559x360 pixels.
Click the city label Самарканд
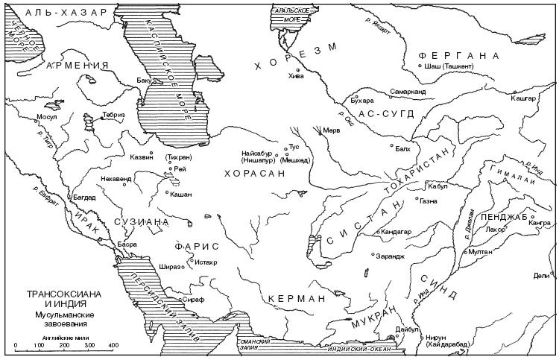tap(408, 92)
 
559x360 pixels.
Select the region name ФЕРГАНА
tap(458, 56)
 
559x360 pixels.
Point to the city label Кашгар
tap(524, 98)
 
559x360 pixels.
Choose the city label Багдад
tap(83, 198)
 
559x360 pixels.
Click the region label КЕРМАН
tap(296, 299)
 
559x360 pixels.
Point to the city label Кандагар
tap(397, 232)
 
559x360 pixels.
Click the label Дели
tap(541, 275)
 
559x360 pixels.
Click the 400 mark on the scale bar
tap(113, 345)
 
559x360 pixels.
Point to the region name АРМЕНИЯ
tap(73, 66)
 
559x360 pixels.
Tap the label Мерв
tap(331, 130)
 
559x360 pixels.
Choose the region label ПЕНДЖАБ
tap(505, 216)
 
